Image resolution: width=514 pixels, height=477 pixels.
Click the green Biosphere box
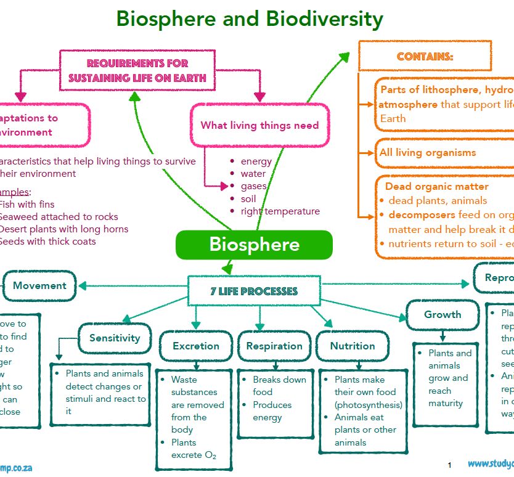(254, 245)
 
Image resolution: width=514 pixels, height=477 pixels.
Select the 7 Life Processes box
(253, 291)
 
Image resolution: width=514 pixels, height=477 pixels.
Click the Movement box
(39, 285)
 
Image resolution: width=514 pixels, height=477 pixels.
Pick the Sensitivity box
(115, 338)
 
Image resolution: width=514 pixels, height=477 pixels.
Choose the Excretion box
(196, 346)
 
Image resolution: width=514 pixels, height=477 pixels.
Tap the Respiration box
(274, 346)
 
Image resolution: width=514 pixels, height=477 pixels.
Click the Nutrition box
(353, 346)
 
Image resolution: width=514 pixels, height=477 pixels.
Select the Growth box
(443, 314)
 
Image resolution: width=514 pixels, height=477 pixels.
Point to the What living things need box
(259, 125)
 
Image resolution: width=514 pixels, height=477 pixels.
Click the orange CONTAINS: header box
(425, 56)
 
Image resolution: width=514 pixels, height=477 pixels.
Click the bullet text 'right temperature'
(280, 211)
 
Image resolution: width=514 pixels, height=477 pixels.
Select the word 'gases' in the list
(253, 186)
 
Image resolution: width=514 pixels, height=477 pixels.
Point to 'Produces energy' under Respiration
(272, 411)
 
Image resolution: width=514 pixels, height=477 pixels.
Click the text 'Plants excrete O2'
(194, 449)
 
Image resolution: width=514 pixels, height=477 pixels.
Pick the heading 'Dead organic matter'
(436, 186)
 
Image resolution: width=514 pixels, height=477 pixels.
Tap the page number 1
(449, 464)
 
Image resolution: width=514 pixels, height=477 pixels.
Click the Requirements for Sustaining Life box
(137, 70)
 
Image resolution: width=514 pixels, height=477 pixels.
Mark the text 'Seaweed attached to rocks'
(58, 216)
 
